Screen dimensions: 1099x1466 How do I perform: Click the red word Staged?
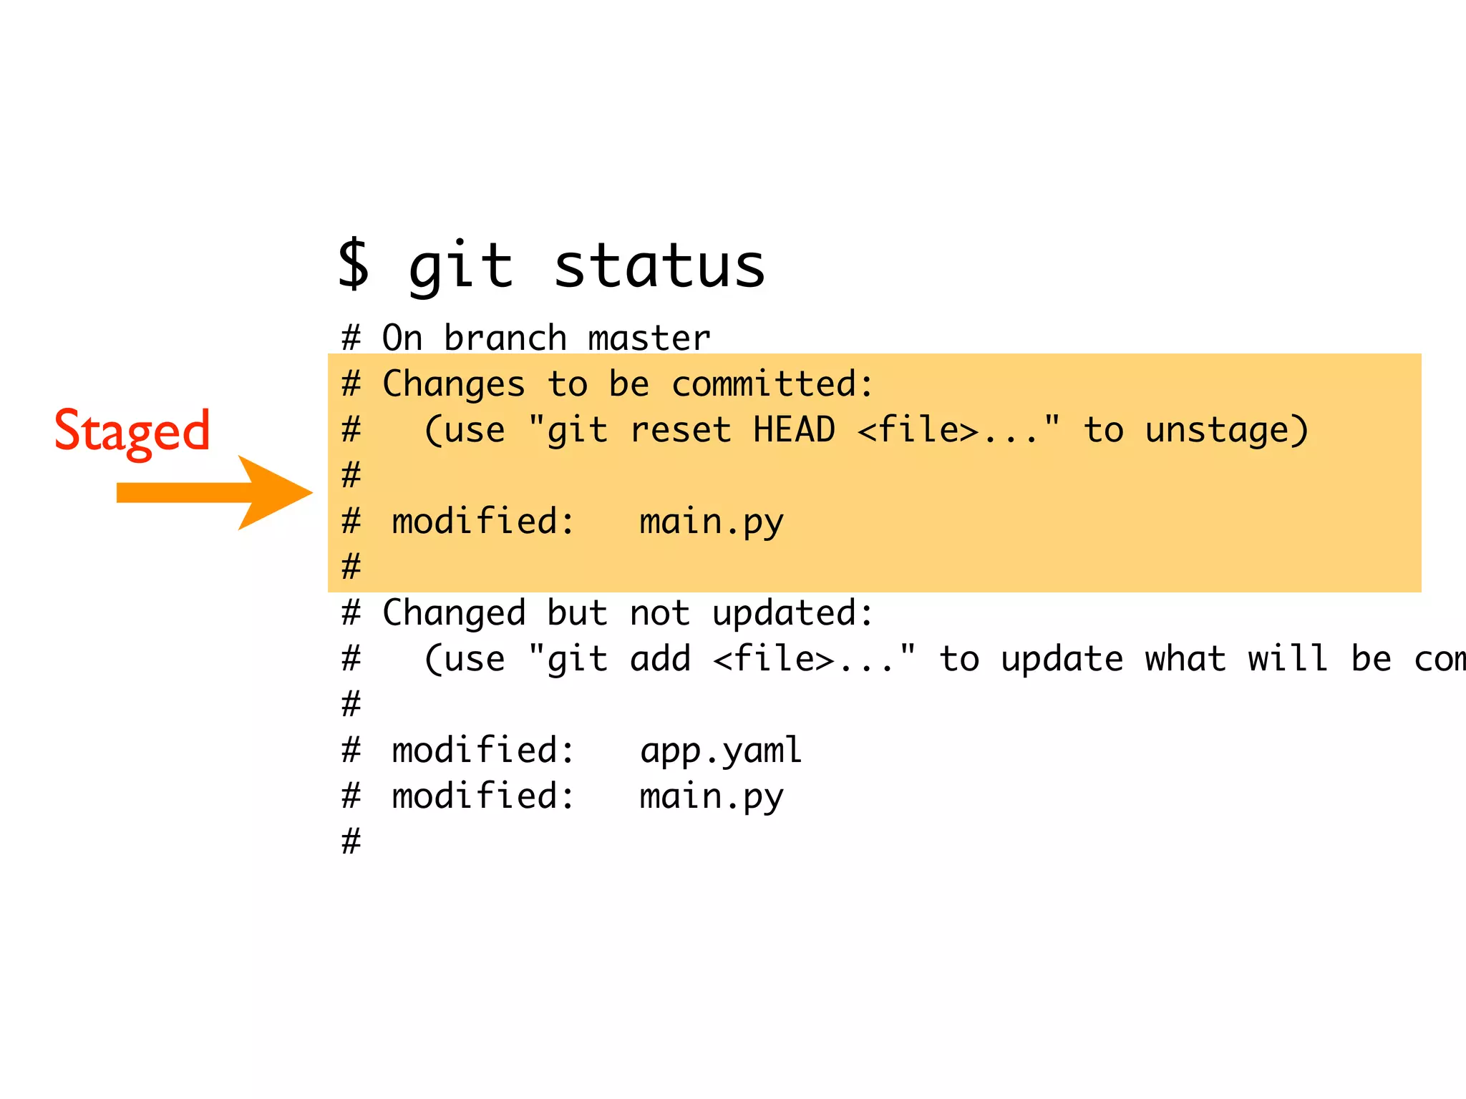(x=132, y=431)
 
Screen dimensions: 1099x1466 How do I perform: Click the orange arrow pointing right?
(x=214, y=493)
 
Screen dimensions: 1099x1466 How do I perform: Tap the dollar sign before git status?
(x=354, y=265)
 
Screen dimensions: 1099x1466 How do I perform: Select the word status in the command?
(x=659, y=266)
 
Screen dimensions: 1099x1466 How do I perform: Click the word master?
(x=649, y=338)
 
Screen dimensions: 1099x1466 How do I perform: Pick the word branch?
(x=505, y=338)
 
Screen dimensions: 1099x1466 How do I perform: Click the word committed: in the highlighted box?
(x=772, y=384)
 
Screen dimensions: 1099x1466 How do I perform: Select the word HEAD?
(x=794, y=430)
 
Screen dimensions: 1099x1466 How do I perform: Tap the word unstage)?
(x=1226, y=431)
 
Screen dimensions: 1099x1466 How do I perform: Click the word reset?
(x=681, y=430)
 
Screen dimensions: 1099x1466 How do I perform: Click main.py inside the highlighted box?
(x=712, y=522)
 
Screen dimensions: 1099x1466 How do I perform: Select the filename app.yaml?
(x=721, y=751)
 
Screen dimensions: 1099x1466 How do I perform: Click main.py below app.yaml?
(x=712, y=797)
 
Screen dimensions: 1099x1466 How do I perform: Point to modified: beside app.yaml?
(x=483, y=751)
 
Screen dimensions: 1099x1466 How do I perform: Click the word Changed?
(x=454, y=614)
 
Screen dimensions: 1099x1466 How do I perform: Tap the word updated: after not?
(x=793, y=614)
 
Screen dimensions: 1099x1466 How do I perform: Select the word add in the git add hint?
(x=660, y=659)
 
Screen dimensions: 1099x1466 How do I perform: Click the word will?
(x=1288, y=659)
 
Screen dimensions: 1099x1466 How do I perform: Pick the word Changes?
(x=454, y=384)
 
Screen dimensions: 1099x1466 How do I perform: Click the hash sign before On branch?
(x=351, y=338)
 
